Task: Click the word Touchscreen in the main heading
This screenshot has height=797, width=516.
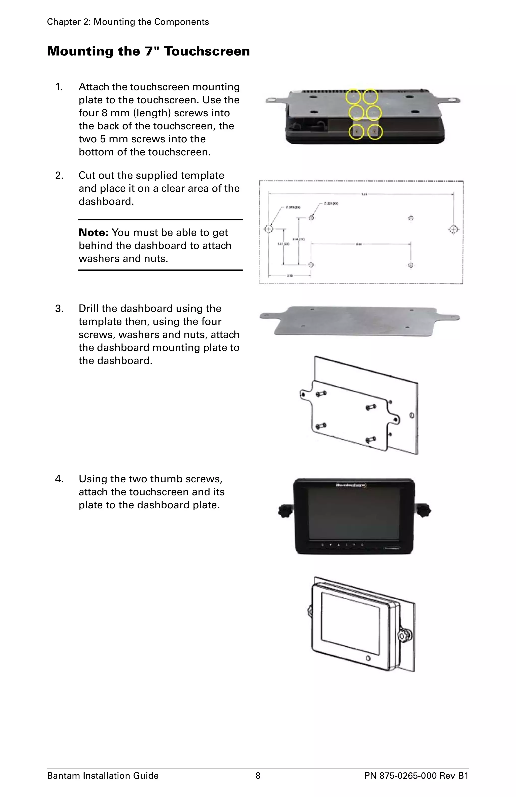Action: click(x=207, y=51)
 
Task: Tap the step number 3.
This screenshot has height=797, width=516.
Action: click(x=59, y=308)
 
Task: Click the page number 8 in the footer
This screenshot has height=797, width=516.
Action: click(x=258, y=776)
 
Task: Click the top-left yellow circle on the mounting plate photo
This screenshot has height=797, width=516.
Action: click(x=353, y=96)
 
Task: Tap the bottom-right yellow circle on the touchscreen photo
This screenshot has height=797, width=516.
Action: click(x=375, y=132)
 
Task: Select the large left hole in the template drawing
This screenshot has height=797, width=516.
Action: click(x=269, y=229)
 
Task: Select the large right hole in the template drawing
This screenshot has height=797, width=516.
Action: click(x=453, y=229)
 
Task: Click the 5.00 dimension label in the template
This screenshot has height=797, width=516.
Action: click(x=359, y=244)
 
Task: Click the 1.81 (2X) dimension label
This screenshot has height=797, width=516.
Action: click(x=284, y=244)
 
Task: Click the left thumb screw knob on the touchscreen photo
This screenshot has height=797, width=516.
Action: click(x=285, y=511)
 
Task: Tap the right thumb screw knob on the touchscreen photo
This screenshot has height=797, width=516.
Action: click(x=424, y=511)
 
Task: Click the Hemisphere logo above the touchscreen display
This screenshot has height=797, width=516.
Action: click(x=350, y=485)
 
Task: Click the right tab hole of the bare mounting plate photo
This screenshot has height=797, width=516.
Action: click(x=454, y=317)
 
